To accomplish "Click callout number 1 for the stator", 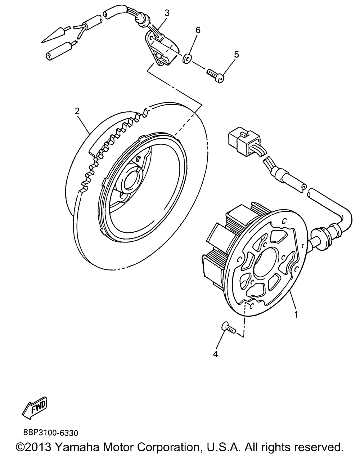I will click(x=296, y=314).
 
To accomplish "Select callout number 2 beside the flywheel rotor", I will click(x=77, y=111).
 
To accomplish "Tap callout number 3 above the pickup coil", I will click(x=167, y=13).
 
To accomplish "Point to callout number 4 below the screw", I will click(x=215, y=354).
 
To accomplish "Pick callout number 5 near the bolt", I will click(x=236, y=54).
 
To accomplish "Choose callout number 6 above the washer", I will click(x=198, y=30).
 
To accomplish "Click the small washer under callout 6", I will click(x=186, y=58).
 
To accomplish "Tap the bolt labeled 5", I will click(x=216, y=76).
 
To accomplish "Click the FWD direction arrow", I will click(x=35, y=408).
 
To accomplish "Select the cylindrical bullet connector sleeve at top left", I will click(x=59, y=50).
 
